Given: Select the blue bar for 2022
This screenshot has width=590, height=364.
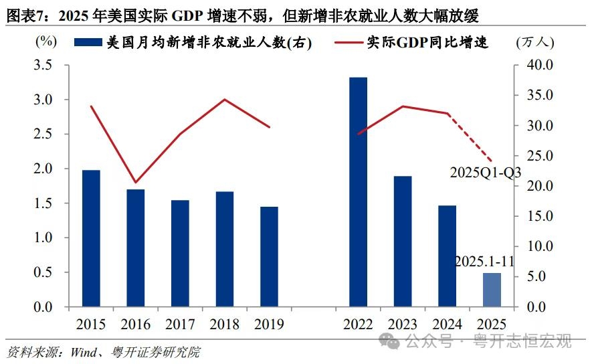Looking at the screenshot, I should click(x=358, y=193).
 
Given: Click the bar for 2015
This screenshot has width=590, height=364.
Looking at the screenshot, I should click(x=91, y=239).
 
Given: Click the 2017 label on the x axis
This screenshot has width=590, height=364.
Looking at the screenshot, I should click(x=180, y=325).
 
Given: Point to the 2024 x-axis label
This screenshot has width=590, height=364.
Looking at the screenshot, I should click(x=447, y=325).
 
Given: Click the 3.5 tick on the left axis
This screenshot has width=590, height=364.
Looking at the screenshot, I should click(x=42, y=66).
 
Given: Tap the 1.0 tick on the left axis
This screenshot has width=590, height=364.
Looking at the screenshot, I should click(x=42, y=238).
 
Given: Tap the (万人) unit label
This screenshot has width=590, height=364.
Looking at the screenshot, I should click(x=535, y=43).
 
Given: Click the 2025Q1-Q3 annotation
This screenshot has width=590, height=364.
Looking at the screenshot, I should click(x=485, y=172).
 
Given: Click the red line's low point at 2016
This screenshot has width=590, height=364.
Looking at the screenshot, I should click(x=136, y=182).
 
